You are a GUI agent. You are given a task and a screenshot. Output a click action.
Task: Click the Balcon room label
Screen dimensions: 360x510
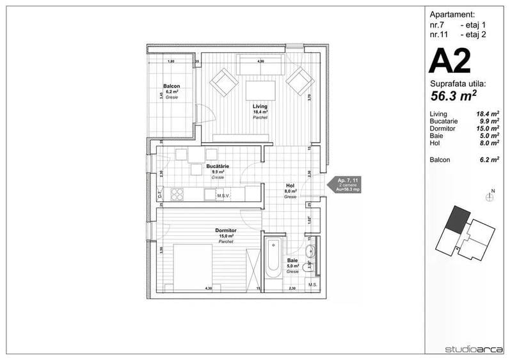click(x=171, y=86)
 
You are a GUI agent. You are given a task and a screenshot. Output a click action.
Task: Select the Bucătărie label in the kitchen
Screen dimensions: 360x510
click(x=218, y=166)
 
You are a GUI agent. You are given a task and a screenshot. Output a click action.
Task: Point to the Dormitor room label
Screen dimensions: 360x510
click(x=226, y=230)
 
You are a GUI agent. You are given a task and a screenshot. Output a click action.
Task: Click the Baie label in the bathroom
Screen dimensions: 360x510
click(x=292, y=261)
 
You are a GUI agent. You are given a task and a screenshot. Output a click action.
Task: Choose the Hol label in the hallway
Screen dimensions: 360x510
click(x=290, y=186)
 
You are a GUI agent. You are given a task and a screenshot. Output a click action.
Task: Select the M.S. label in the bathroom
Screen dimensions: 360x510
click(x=313, y=285)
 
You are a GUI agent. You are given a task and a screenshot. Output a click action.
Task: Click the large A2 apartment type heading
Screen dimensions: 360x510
click(x=450, y=62)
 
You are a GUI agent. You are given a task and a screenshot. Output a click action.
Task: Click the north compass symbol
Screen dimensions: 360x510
click(x=490, y=196)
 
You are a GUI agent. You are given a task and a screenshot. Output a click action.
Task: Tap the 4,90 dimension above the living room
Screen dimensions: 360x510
click(x=260, y=61)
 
